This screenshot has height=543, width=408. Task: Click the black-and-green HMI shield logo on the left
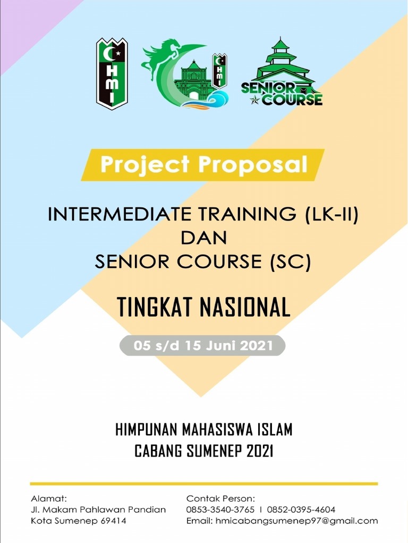(x=112, y=74)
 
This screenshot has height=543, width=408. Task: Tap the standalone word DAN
(x=203, y=238)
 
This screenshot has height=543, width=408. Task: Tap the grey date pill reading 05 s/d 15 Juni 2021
(x=202, y=346)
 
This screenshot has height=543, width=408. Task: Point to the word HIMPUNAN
(x=147, y=429)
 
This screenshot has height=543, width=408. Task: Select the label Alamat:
(x=49, y=498)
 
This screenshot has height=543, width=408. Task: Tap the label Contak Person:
(x=220, y=498)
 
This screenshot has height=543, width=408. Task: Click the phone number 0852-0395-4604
(x=301, y=510)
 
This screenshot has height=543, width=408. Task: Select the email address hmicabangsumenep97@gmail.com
(x=296, y=521)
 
